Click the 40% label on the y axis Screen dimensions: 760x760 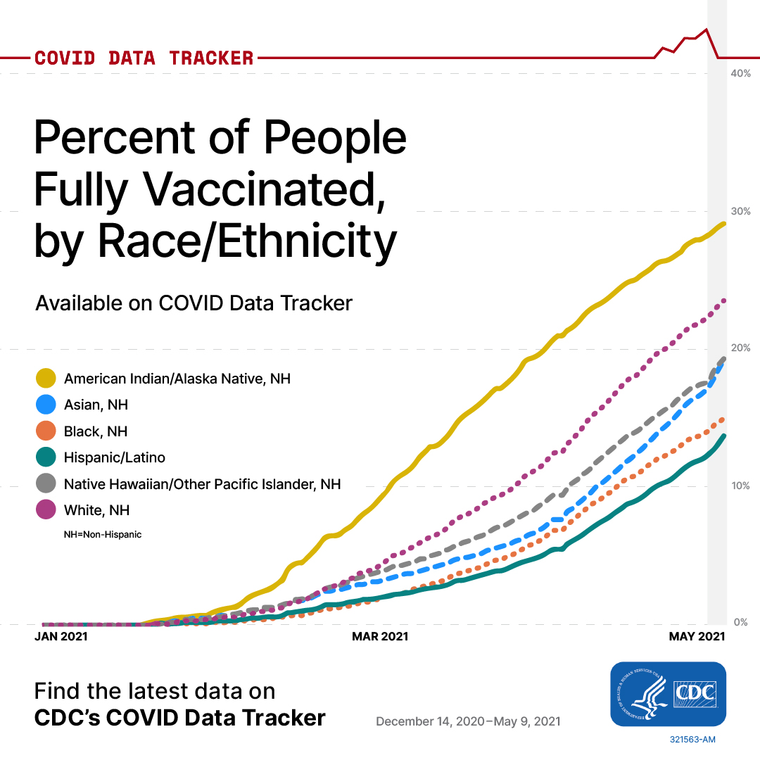(x=740, y=73)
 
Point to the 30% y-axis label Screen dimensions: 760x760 (x=740, y=211)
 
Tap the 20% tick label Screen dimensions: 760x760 (x=740, y=348)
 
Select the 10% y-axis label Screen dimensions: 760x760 (x=740, y=486)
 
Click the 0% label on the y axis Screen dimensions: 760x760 (x=740, y=622)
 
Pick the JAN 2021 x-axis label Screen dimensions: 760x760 (x=61, y=636)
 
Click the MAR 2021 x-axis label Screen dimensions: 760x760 (x=380, y=636)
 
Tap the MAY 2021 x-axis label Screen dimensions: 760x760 (x=697, y=636)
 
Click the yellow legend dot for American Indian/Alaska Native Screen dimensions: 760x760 (x=46, y=378)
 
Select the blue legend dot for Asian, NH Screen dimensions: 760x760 (x=46, y=404)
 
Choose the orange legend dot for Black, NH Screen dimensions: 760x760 (x=46, y=431)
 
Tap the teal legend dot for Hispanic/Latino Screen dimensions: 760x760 (x=46, y=457)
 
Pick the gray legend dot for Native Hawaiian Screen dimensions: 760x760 (x=46, y=483)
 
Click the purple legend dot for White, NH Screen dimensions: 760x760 (x=46, y=509)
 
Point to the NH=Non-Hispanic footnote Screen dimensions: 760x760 (x=103, y=535)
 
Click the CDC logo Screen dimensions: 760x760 (x=668, y=694)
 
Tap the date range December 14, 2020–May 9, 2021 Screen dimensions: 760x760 (x=468, y=722)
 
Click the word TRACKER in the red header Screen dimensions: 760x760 (x=211, y=58)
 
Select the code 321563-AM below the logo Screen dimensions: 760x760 (x=692, y=740)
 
